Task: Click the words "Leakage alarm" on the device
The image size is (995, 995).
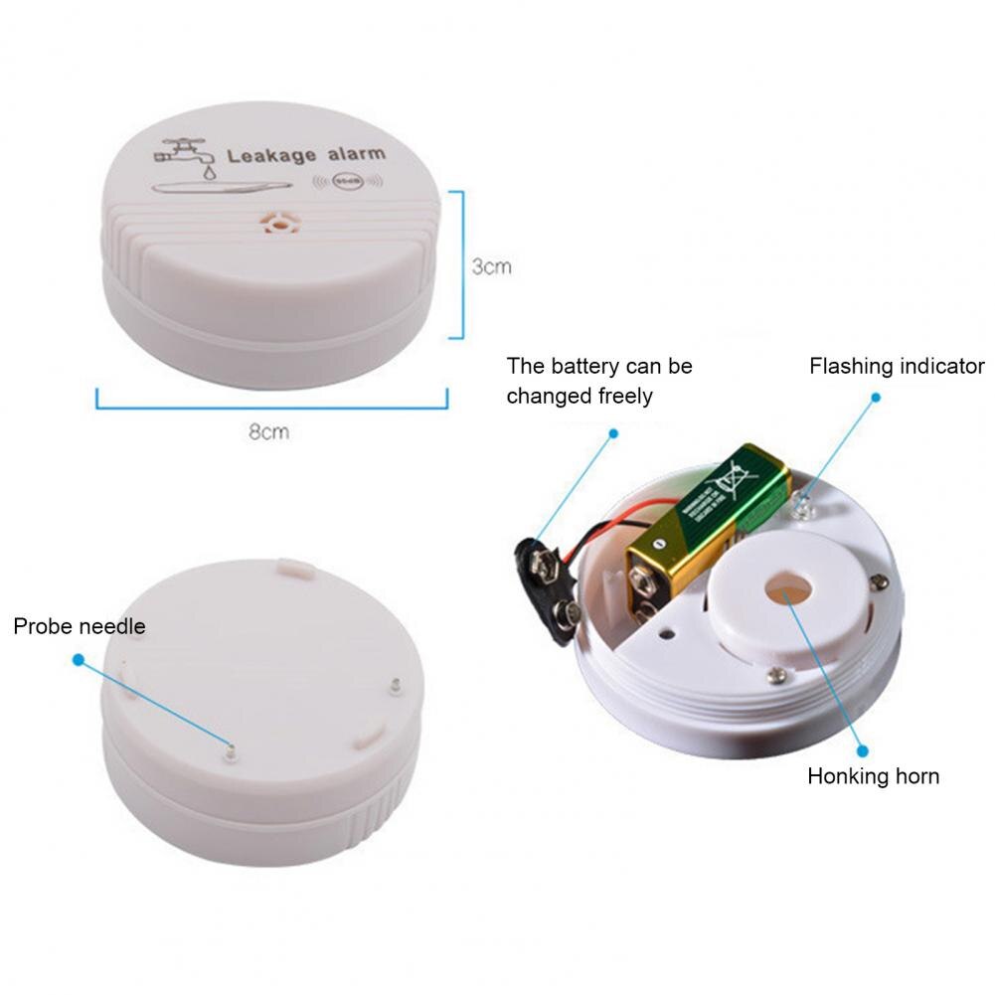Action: pyautogui.click(x=305, y=156)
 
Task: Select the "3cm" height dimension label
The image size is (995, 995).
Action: pyautogui.click(x=491, y=266)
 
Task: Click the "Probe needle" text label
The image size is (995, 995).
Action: pyautogui.click(x=80, y=626)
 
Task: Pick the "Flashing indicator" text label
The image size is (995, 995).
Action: pyautogui.click(x=897, y=366)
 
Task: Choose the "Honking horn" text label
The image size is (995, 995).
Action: pyautogui.click(x=873, y=776)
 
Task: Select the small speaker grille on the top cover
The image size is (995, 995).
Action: pyautogui.click(x=278, y=223)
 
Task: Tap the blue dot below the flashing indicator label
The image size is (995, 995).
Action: pyautogui.click(x=876, y=397)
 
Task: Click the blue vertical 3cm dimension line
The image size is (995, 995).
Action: pyautogui.click(x=461, y=263)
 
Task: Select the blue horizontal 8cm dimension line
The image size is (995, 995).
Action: pyautogui.click(x=271, y=405)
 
